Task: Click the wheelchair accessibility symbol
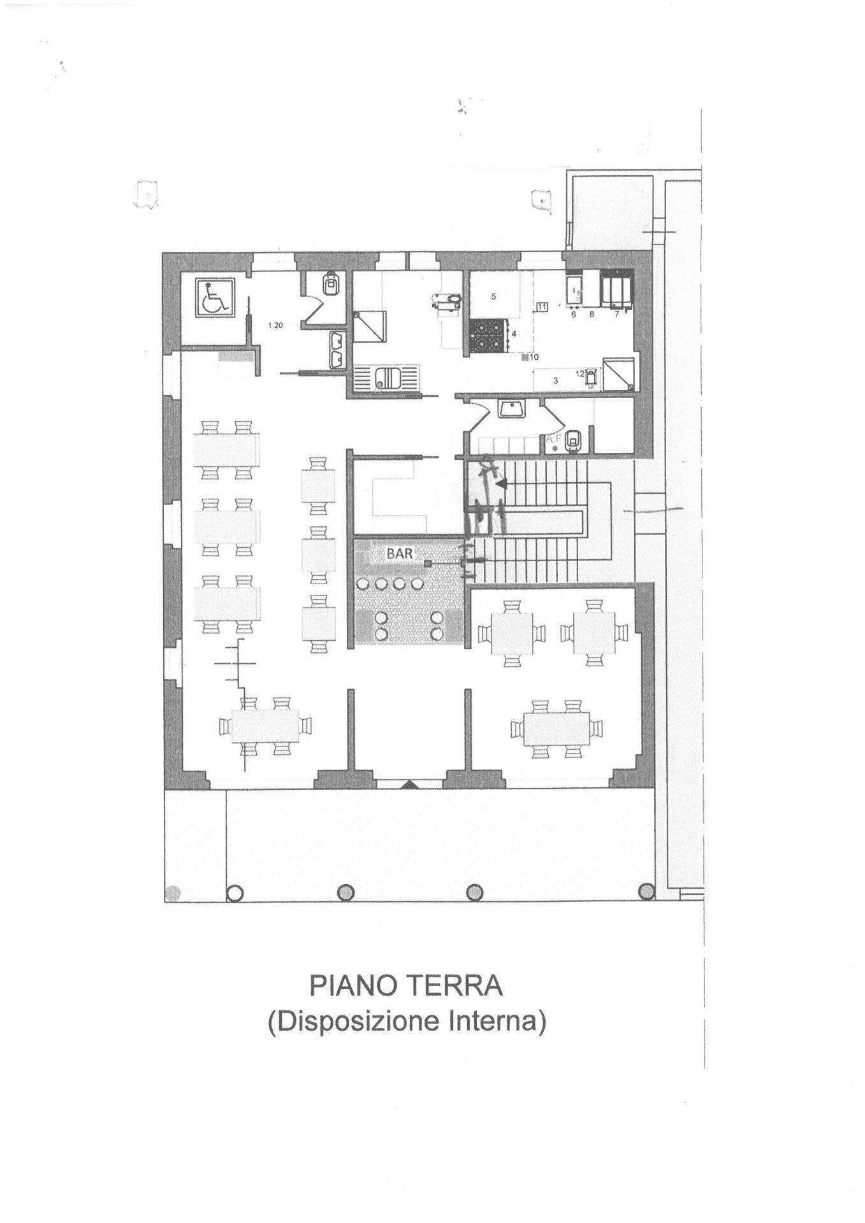point(213,297)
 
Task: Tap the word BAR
point(400,554)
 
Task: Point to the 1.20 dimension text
point(275,325)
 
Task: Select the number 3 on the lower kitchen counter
point(555,381)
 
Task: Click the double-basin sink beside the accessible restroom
point(337,350)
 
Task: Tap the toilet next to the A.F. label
point(575,440)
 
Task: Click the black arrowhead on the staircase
point(502,485)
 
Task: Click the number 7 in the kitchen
point(616,314)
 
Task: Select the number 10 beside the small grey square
point(534,357)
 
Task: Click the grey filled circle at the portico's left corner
point(173,894)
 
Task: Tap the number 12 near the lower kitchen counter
point(580,374)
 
